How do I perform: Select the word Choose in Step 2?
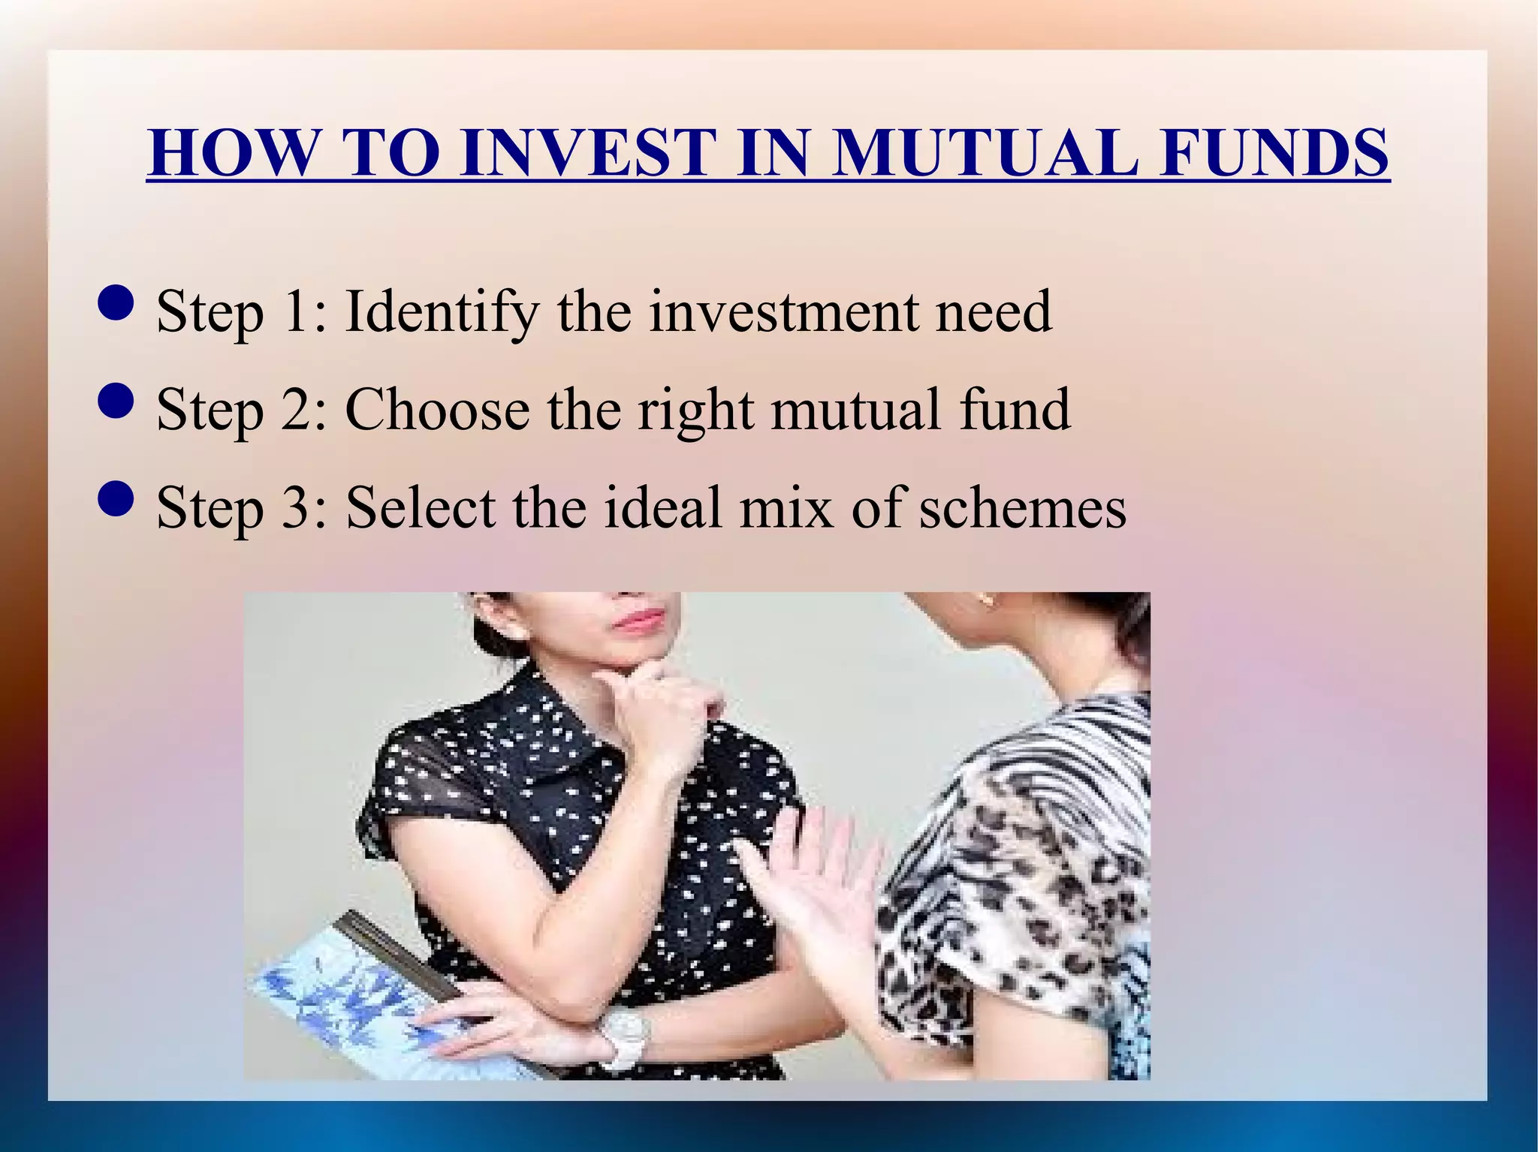(437, 410)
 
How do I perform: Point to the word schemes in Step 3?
(1023, 508)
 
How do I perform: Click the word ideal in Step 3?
(663, 508)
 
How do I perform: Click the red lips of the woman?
(640, 620)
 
